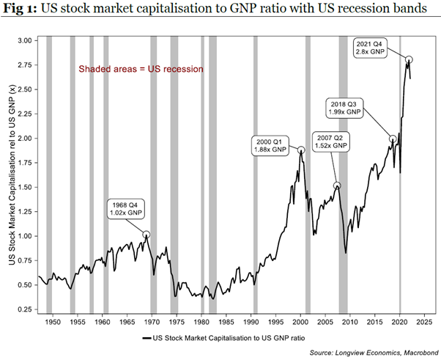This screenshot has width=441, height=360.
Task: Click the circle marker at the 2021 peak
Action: pyautogui.click(x=409, y=59)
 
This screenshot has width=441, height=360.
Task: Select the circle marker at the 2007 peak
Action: pyautogui.click(x=337, y=185)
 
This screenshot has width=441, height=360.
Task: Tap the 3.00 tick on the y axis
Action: pyautogui.click(x=23, y=40)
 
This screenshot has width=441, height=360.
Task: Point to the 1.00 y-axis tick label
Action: pyautogui.click(x=23, y=236)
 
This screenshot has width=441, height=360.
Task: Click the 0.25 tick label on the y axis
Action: pyautogui.click(x=23, y=309)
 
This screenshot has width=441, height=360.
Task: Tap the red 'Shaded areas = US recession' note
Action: pyautogui.click(x=141, y=69)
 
